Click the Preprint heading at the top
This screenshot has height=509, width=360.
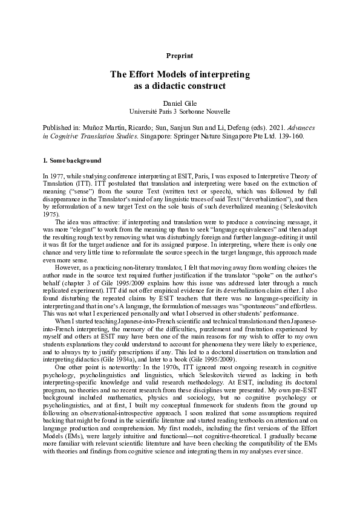(180, 56)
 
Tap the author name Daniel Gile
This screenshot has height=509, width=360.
(180, 103)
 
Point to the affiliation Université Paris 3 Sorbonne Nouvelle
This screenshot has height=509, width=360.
(180, 112)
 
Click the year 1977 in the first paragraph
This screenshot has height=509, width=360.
(57, 175)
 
